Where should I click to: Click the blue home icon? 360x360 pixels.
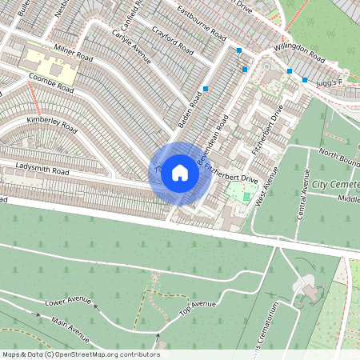pos(180,172)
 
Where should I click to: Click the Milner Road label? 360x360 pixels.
pos(74,54)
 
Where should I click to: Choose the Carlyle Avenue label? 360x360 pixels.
pos(131,49)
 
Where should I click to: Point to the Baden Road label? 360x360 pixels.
pos(194,111)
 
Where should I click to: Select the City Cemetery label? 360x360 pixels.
pos(336,185)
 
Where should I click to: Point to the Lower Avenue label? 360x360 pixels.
pos(66,302)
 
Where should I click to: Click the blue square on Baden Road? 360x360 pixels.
pos(206,89)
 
